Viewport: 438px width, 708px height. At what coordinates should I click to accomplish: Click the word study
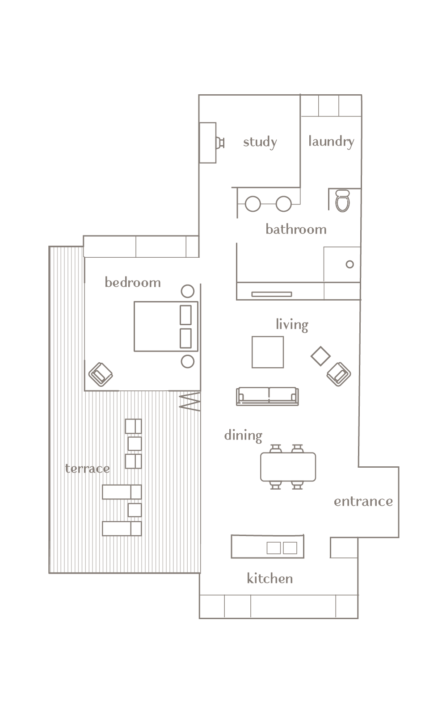[260, 142]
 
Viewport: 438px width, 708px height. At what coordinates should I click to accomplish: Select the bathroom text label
[296, 229]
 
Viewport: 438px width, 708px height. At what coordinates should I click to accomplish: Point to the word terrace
[88, 469]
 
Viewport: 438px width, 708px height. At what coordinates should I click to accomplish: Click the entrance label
[363, 501]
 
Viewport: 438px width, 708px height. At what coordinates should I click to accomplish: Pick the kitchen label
[270, 578]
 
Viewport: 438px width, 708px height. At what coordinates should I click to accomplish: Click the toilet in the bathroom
[342, 201]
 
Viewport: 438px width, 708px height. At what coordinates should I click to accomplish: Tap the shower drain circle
[350, 264]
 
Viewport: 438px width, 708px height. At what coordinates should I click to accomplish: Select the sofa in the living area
[268, 396]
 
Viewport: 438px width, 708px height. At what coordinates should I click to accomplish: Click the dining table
[288, 467]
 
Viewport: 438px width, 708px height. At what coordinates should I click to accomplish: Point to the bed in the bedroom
[166, 327]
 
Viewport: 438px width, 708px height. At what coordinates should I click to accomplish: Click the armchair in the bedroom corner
[101, 374]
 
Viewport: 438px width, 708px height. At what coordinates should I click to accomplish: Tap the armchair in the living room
[339, 374]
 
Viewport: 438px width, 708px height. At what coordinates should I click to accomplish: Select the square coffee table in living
[268, 352]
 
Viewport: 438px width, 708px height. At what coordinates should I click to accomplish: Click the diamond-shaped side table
[320, 356]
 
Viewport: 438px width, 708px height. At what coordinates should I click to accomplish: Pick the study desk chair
[220, 143]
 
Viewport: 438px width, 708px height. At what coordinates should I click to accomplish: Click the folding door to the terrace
[190, 402]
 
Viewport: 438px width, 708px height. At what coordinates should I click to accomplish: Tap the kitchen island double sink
[282, 548]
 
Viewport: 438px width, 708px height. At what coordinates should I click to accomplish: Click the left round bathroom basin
[253, 204]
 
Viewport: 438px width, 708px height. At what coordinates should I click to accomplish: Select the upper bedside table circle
[188, 291]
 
